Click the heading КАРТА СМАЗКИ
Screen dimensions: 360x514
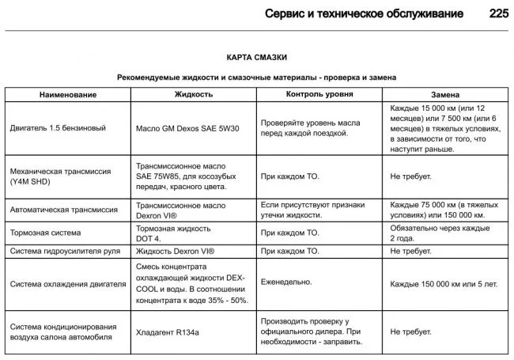(x=256, y=58)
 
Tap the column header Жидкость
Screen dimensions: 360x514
(x=194, y=94)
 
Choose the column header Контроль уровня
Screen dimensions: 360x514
(x=319, y=94)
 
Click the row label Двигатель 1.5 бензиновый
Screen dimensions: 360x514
(x=56, y=127)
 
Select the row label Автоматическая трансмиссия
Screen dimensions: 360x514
(x=64, y=210)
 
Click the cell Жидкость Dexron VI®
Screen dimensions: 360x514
(x=175, y=252)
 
